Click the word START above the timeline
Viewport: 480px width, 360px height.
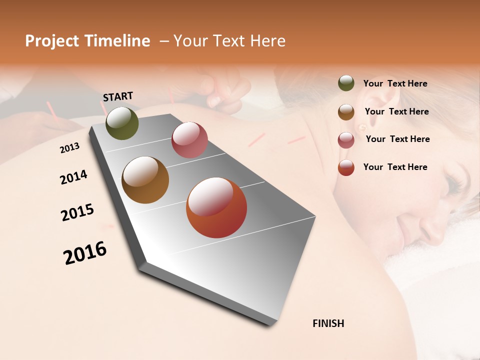click(x=118, y=96)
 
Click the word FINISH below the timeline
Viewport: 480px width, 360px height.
click(x=328, y=323)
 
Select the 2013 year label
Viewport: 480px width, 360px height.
click(x=69, y=148)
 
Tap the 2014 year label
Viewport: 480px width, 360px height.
click(x=73, y=177)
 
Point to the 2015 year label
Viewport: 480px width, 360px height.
click(x=77, y=212)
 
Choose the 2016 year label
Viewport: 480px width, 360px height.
click(x=85, y=252)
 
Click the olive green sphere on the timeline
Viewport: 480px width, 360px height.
click(x=122, y=123)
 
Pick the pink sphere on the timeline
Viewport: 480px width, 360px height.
click(x=189, y=139)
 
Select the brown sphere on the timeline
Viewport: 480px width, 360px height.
click(x=145, y=179)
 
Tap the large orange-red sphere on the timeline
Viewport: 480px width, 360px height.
click(x=216, y=207)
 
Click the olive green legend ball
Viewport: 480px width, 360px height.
click(x=346, y=83)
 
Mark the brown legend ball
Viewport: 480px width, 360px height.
click(x=346, y=112)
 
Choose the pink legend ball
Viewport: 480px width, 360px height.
click(x=346, y=140)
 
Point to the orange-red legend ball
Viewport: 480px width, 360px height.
click(x=346, y=167)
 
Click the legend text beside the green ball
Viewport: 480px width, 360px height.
click(x=395, y=83)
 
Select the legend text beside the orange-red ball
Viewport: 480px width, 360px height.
click(x=395, y=167)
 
